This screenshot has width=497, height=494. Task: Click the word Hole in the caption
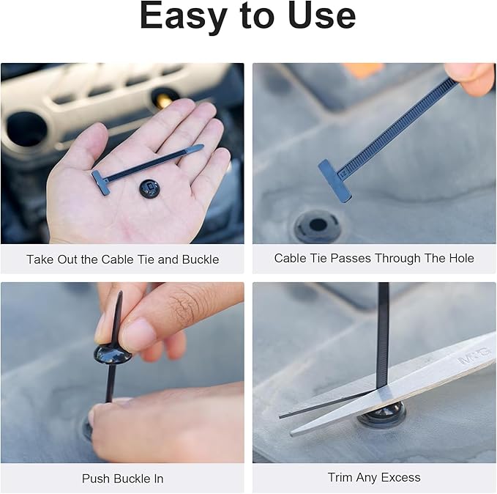[459, 258]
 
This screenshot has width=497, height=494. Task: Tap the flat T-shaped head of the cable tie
[334, 180]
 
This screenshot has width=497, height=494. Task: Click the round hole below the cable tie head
[318, 225]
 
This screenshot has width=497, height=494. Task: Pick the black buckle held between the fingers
[113, 354]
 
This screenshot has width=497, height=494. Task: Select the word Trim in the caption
[341, 478]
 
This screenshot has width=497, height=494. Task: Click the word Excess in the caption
[400, 478]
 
